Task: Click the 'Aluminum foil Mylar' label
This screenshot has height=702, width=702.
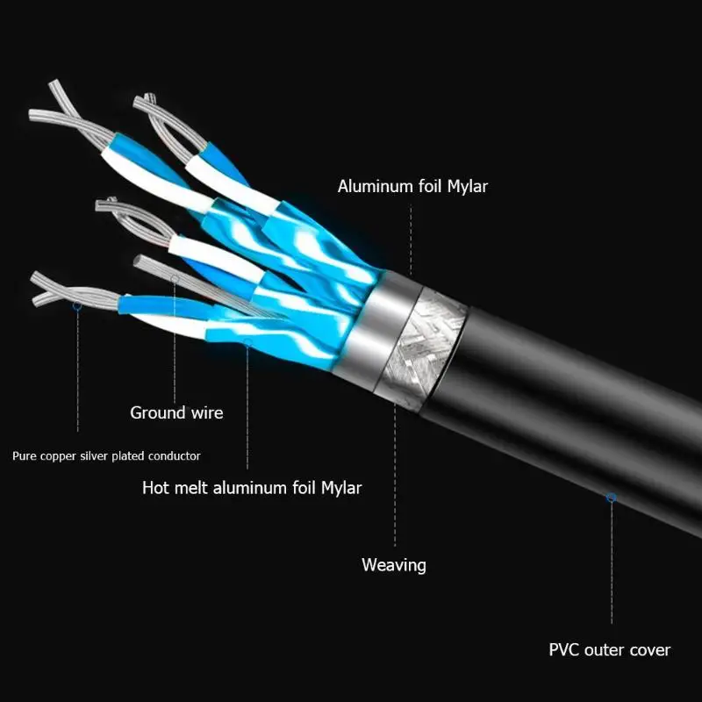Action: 412,186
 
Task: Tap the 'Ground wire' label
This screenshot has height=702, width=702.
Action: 176,412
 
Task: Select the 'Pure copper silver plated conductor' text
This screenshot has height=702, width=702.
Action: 106,456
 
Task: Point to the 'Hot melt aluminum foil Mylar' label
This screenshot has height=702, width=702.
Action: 252,488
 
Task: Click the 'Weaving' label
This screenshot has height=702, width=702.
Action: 393,565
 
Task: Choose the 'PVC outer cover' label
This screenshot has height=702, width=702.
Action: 610,649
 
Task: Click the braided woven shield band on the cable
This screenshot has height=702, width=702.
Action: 421,350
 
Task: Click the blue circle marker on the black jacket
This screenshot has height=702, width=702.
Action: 611,498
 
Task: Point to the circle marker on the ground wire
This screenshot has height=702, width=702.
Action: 175,279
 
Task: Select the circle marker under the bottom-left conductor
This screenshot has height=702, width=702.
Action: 77,305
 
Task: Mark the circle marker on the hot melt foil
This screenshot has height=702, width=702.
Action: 247,343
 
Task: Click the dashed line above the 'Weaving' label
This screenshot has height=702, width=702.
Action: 395,475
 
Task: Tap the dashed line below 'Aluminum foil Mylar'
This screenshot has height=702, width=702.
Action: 411,240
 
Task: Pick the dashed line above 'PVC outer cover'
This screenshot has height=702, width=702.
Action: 612,562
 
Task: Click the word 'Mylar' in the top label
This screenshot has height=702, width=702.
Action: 468,186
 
